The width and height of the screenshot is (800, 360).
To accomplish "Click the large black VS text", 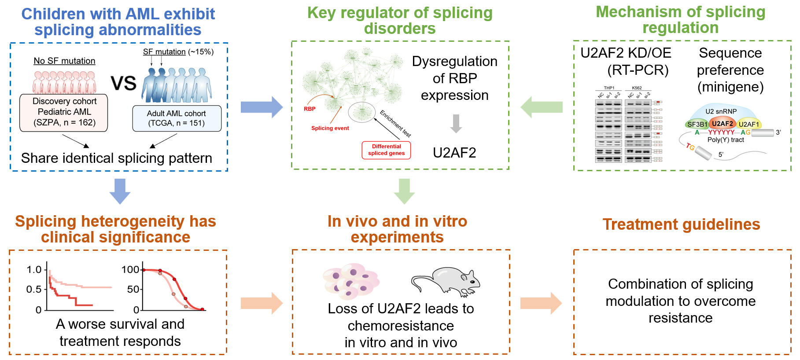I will (123, 83).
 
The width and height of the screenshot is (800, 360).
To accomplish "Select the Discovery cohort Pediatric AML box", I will (64, 112).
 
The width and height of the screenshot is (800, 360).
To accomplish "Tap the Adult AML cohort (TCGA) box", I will (177, 118).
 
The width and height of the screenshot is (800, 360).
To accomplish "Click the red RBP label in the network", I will (310, 109).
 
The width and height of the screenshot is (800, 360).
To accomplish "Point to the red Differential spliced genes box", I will (386, 150).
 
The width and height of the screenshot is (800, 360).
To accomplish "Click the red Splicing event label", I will (330, 128).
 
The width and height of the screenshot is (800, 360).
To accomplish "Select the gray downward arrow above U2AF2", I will (456, 124).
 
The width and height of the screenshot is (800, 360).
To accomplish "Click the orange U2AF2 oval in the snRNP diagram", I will (723, 124).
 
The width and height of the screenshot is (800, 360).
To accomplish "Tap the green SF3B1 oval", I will (697, 125).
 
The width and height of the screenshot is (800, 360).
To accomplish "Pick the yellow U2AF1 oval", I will (748, 124).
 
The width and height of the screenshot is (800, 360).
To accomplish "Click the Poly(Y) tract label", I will (725, 140).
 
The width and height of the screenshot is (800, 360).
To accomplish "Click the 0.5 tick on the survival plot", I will (34, 289).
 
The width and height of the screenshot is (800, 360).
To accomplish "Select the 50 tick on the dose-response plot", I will (133, 289).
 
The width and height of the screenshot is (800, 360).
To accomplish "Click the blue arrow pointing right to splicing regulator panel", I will (262, 107).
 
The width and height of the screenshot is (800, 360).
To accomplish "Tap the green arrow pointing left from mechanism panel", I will (542, 107).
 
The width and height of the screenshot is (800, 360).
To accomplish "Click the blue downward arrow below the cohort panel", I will (120, 191).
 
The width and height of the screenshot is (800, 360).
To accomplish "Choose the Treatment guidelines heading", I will (681, 224).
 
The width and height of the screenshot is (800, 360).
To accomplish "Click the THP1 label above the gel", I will (609, 88).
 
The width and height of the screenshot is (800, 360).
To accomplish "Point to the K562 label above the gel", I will (637, 88).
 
